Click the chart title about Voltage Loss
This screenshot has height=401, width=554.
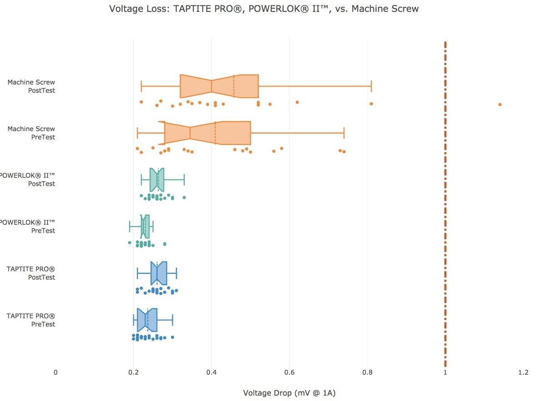pyautogui.click(x=264, y=9)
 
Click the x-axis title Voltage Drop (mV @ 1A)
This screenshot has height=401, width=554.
pyautogui.click(x=289, y=393)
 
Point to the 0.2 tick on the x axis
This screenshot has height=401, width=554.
pyautogui.click(x=134, y=372)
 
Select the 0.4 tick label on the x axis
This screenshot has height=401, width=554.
pyautogui.click(x=211, y=372)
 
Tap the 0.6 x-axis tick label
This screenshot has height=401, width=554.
pyautogui.click(x=289, y=372)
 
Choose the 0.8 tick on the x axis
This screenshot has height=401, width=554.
pyautogui.click(x=367, y=372)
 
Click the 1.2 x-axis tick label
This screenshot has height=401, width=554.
pyautogui.click(x=523, y=372)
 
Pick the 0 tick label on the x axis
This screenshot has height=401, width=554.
pyautogui.click(x=56, y=372)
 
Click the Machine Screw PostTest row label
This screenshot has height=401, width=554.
pyautogui.click(x=31, y=86)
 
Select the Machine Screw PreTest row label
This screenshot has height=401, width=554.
pyautogui.click(x=31, y=133)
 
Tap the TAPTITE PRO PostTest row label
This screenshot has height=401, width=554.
pyautogui.click(x=31, y=273)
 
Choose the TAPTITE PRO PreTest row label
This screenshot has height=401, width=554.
pyautogui.click(x=31, y=320)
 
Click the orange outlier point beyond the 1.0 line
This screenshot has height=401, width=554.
pyautogui.click(x=500, y=104)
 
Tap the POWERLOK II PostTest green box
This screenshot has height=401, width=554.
pyautogui.click(x=157, y=180)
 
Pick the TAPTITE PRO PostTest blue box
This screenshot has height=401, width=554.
pyautogui.click(x=159, y=273)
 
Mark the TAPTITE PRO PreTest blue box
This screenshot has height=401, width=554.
pyautogui.click(x=147, y=320)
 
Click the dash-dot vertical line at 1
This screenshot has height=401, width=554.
pyautogui.click(x=445, y=205)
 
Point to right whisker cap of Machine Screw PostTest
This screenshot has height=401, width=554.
pyautogui.click(x=371, y=86)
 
